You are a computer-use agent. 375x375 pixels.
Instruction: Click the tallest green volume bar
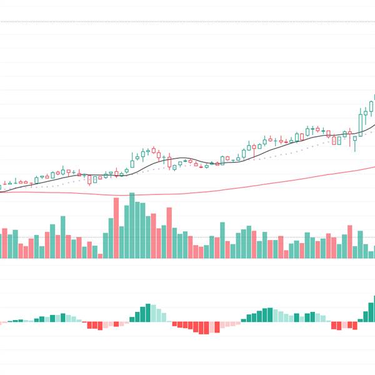click(132, 226)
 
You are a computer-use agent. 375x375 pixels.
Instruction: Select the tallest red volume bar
click(116, 228)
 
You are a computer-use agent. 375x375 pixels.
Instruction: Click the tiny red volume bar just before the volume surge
click(99, 255)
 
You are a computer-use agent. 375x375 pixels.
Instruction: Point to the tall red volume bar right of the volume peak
click(169, 233)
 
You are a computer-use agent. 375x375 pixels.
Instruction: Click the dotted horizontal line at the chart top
click(187, 21)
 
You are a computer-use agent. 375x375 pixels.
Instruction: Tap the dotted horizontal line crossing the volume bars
click(187, 237)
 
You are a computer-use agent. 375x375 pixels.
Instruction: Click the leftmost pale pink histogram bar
click(2, 323)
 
